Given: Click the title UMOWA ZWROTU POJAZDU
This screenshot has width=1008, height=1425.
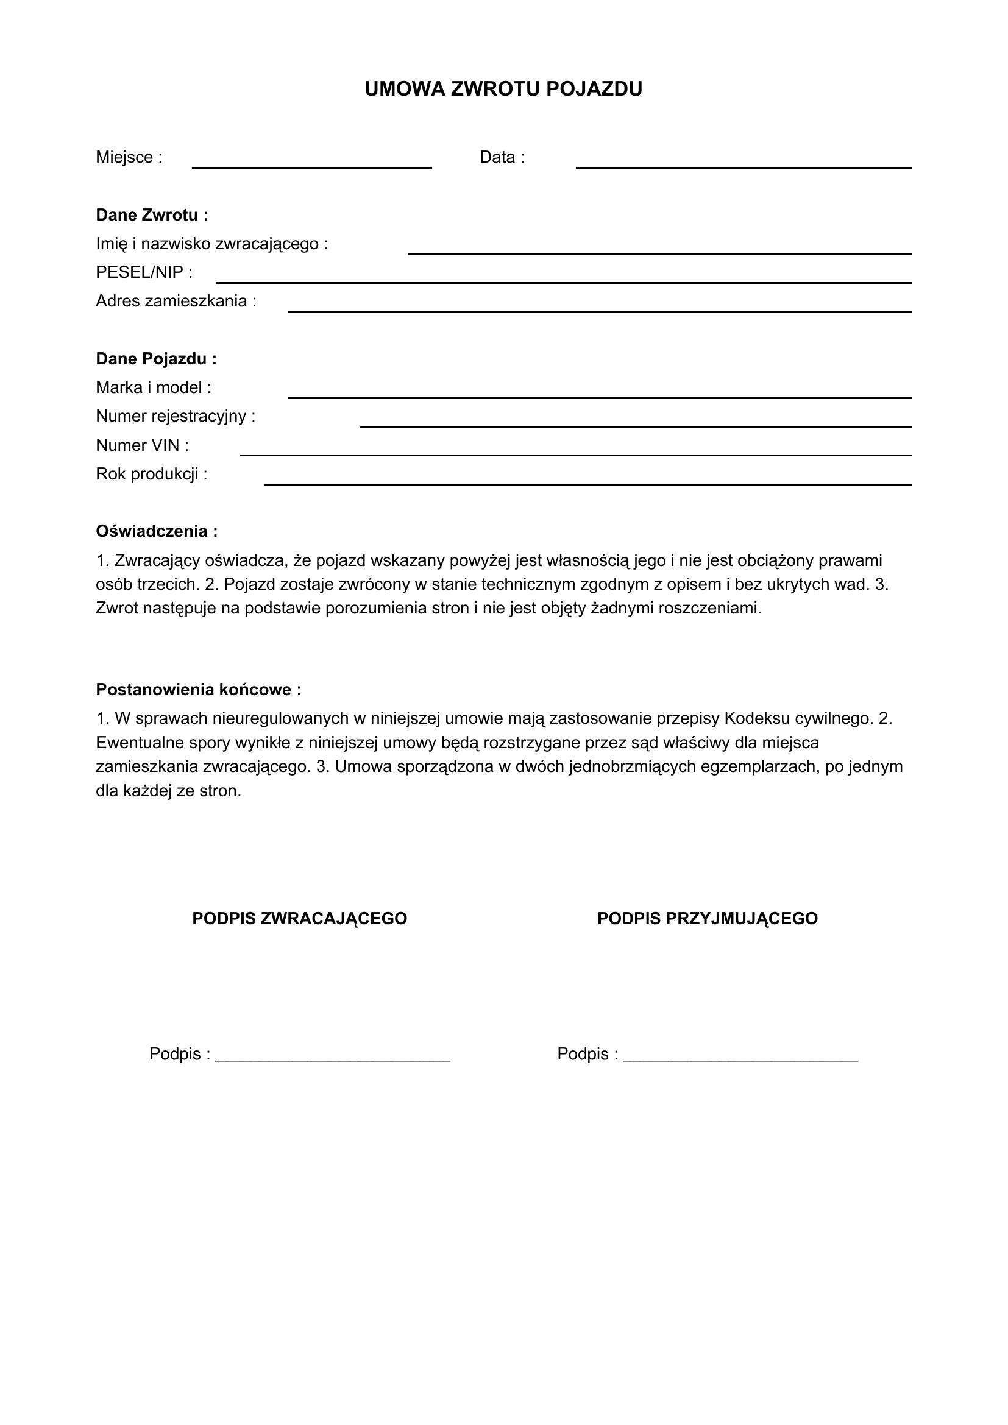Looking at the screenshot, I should click(503, 90).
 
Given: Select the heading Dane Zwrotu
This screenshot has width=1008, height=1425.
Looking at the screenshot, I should click(152, 215).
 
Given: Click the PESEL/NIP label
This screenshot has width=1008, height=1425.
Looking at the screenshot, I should click(144, 272).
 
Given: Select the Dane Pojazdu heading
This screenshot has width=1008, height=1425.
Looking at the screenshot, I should click(157, 359).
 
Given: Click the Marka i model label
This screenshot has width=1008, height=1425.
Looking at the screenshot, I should click(154, 387).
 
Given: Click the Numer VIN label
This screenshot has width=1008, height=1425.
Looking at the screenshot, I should click(142, 445).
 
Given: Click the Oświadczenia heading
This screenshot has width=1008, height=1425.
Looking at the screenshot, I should click(157, 531).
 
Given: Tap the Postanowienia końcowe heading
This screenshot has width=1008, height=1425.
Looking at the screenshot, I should click(199, 690).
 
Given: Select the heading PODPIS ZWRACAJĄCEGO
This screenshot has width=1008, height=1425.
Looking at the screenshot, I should click(300, 919).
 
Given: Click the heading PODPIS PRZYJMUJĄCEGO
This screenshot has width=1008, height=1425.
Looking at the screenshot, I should click(708, 919).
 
